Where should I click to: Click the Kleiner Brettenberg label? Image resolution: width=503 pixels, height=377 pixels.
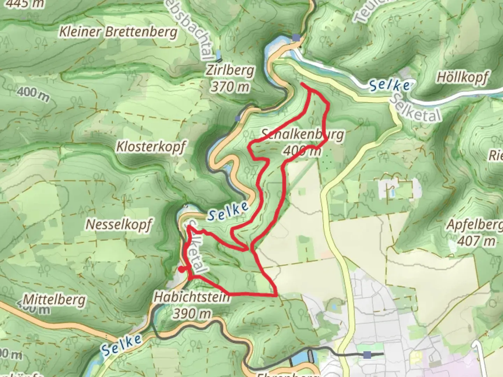click(x=118, y=32)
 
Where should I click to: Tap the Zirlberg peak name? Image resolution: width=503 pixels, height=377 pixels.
click(x=229, y=71)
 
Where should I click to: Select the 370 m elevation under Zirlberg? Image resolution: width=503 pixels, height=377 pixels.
click(x=229, y=86)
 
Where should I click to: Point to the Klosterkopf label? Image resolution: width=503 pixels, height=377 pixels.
click(x=151, y=147)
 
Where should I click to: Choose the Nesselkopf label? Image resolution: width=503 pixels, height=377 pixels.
click(x=118, y=224)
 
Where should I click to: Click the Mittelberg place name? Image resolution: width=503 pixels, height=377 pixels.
click(x=54, y=300)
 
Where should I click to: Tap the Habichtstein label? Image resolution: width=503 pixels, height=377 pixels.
click(x=192, y=297)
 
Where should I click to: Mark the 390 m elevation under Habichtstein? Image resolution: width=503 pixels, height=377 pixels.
click(x=192, y=313)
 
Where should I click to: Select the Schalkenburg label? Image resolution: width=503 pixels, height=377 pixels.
click(x=302, y=134)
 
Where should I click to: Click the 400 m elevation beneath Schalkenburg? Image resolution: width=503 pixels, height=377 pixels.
click(x=302, y=151)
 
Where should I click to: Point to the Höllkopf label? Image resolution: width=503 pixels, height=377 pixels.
click(x=462, y=77)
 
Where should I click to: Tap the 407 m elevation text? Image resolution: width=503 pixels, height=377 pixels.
click(x=476, y=241)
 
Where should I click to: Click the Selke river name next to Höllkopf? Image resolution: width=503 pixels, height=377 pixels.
click(x=389, y=85)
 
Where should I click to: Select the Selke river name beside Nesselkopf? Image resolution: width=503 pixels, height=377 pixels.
click(x=228, y=212)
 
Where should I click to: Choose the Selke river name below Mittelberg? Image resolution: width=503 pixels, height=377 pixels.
click(x=122, y=344)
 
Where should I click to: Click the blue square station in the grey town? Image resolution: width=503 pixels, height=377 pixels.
click(x=367, y=355)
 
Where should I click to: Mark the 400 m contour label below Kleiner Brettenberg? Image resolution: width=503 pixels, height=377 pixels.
click(x=33, y=94)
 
